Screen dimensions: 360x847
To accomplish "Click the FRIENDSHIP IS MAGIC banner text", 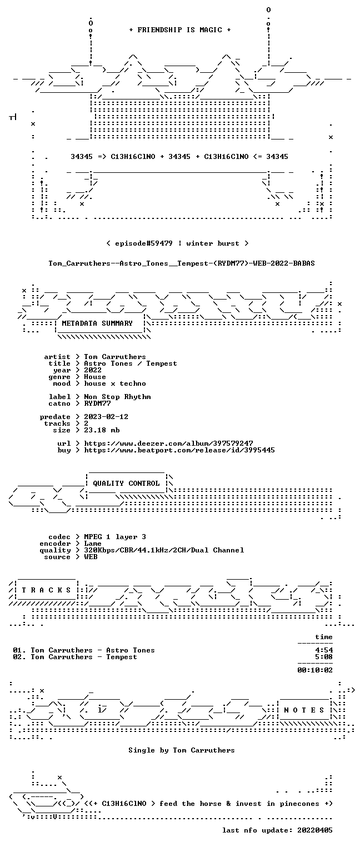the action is pyautogui.click(x=180, y=30).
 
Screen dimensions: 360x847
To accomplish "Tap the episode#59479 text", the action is pyautogui.click(x=144, y=243).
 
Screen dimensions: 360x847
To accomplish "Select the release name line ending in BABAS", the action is pyautogui.click(x=182, y=263).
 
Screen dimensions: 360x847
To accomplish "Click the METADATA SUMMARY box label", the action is pyautogui.click(x=97, y=323).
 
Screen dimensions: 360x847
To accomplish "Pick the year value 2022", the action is pyautogui.click(x=93, y=370).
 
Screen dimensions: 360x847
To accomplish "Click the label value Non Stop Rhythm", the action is pyautogui.click(x=117, y=397).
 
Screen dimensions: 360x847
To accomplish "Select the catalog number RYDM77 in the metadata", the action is pyautogui.click(x=97, y=403).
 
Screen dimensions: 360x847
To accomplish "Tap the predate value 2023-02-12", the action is pyautogui.click(x=106, y=417).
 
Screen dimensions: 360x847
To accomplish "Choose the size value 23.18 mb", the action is pyautogui.click(x=102, y=430).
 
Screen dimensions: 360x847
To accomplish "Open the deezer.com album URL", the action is pyautogui.click(x=169, y=443).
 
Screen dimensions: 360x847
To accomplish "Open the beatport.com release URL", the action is pyautogui.click(x=179, y=450).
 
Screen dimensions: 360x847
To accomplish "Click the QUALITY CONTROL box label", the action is pyautogui.click(x=126, y=483).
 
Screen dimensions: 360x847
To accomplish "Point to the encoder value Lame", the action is pyautogui.click(x=93, y=544).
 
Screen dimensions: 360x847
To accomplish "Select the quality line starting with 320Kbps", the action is pyautogui.click(x=164, y=550).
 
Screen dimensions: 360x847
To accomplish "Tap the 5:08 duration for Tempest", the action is pyautogui.click(x=324, y=657).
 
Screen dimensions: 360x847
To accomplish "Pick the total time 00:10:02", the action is pyautogui.click(x=315, y=670).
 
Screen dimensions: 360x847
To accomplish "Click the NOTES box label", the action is pyautogui.click(x=304, y=710).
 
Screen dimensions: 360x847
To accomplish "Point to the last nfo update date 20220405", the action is pyautogui.click(x=315, y=830).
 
